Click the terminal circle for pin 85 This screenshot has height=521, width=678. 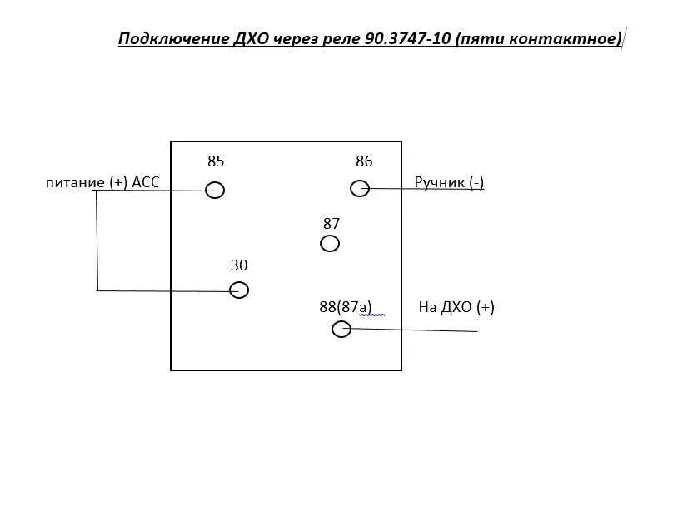(x=215, y=190)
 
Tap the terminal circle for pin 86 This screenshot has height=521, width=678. (x=360, y=188)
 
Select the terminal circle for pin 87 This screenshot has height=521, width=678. (x=330, y=243)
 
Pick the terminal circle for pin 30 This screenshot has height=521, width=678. (x=239, y=290)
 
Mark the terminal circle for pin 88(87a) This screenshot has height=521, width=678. (x=341, y=329)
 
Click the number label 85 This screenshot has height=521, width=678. (x=216, y=161)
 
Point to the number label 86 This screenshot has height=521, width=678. (x=364, y=161)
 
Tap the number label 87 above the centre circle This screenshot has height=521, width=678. (x=332, y=223)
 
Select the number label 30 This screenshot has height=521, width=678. (x=239, y=265)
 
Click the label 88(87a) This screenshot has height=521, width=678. (x=346, y=307)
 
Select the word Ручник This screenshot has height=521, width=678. (x=438, y=182)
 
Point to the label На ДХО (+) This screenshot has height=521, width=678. (x=456, y=307)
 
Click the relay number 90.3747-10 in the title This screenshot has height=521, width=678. (x=408, y=39)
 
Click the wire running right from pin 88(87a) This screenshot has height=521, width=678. (x=416, y=330)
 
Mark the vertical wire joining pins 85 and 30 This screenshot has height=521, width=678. (x=97, y=241)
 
